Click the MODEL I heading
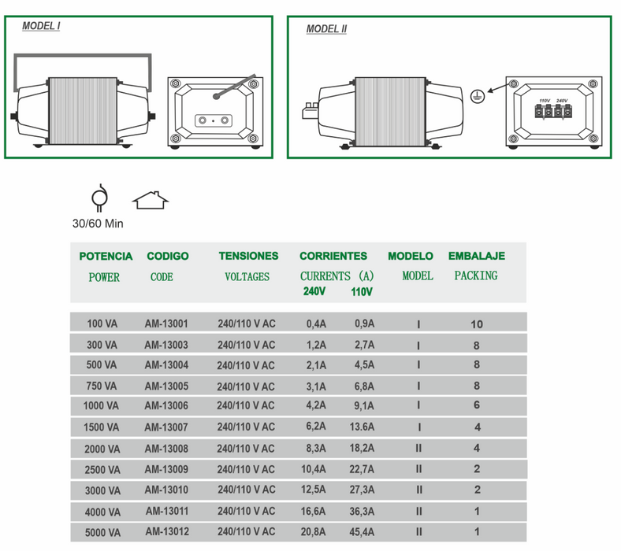(42, 25)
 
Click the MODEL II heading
(326, 29)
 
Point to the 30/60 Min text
(98, 224)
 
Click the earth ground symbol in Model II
(475, 94)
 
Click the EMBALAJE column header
(476, 256)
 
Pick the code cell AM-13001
(166, 324)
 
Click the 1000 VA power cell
(101, 406)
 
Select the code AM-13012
(167, 532)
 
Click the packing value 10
(476, 324)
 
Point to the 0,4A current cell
(316, 324)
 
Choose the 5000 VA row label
(101, 532)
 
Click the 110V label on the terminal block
(544, 102)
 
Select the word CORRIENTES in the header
(333, 256)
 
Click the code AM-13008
(166, 448)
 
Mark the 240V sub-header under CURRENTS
(314, 291)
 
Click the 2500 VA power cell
(101, 469)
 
